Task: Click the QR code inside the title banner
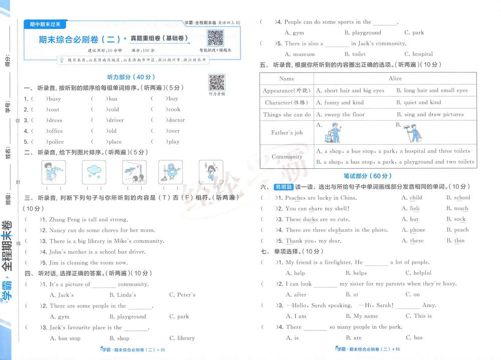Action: click(215, 38)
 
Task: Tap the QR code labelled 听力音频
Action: click(216, 82)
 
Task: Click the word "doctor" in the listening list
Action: click(176, 120)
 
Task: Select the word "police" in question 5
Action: click(56, 142)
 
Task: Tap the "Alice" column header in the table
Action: click(395, 79)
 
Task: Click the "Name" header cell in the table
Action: click(287, 79)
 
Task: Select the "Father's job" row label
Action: click(287, 133)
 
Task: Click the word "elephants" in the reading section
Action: click(341, 230)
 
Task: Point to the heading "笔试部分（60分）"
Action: click(368, 176)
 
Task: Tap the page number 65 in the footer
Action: click(162, 349)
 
